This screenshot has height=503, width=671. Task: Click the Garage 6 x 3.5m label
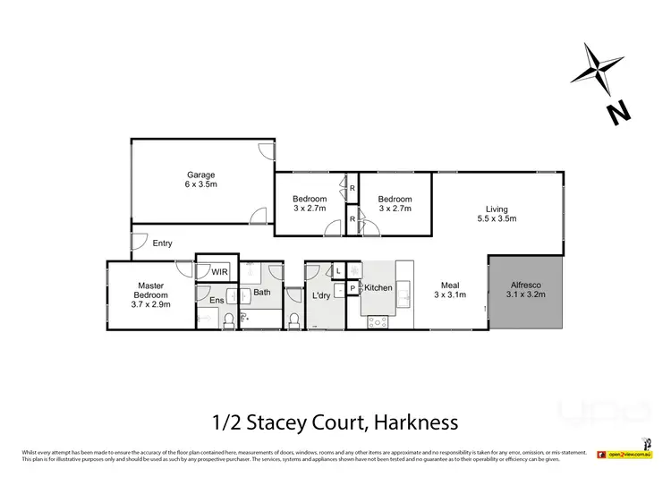click(x=201, y=179)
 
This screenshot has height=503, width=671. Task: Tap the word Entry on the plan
click(x=163, y=243)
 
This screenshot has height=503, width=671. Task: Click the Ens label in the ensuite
click(x=217, y=300)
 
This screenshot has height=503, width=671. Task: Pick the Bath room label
click(x=261, y=293)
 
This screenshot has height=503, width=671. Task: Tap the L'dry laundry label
click(x=322, y=295)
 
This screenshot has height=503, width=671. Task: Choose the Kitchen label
click(x=378, y=288)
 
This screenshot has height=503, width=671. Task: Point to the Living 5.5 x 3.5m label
click(x=497, y=211)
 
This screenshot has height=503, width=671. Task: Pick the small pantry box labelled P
click(x=352, y=288)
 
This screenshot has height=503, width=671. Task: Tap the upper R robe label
click(x=352, y=189)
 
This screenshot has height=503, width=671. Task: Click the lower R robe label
click(x=352, y=218)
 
